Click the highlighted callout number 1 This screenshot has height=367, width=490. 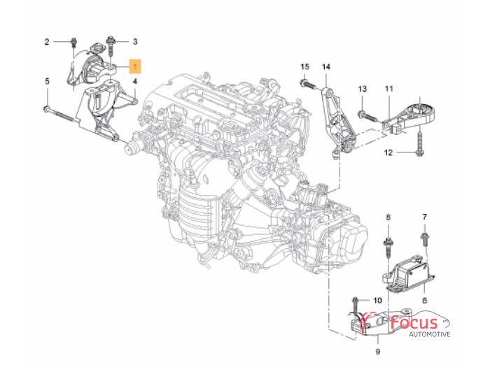point(134,66)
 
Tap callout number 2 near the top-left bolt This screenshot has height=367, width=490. point(48,42)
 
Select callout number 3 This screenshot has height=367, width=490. point(135,42)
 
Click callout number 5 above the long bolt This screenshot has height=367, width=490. point(48,82)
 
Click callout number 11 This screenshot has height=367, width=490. point(388,89)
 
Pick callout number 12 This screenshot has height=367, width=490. point(390,152)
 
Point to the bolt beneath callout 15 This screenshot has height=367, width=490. point(306,85)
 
